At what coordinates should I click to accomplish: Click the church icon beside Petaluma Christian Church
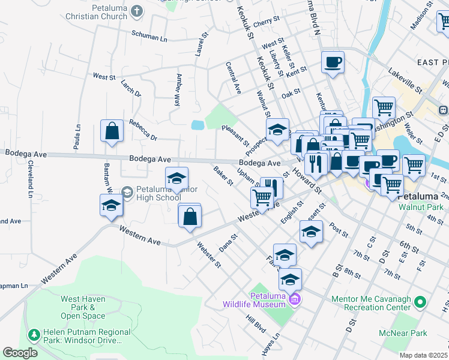coord(137,10)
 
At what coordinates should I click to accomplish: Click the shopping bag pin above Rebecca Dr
coord(112,132)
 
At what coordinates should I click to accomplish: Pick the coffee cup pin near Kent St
coord(333,62)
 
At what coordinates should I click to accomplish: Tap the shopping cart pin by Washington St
coord(384,109)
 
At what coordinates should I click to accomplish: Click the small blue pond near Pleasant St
coord(197,125)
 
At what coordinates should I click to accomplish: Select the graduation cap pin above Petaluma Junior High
coord(176,179)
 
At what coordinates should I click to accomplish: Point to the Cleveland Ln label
coord(29,179)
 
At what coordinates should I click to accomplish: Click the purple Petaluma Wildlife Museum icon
coord(294,299)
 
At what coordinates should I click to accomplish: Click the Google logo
coord(20,353)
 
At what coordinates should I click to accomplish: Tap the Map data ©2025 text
coord(424,355)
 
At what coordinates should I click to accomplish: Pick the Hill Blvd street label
coord(255,325)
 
